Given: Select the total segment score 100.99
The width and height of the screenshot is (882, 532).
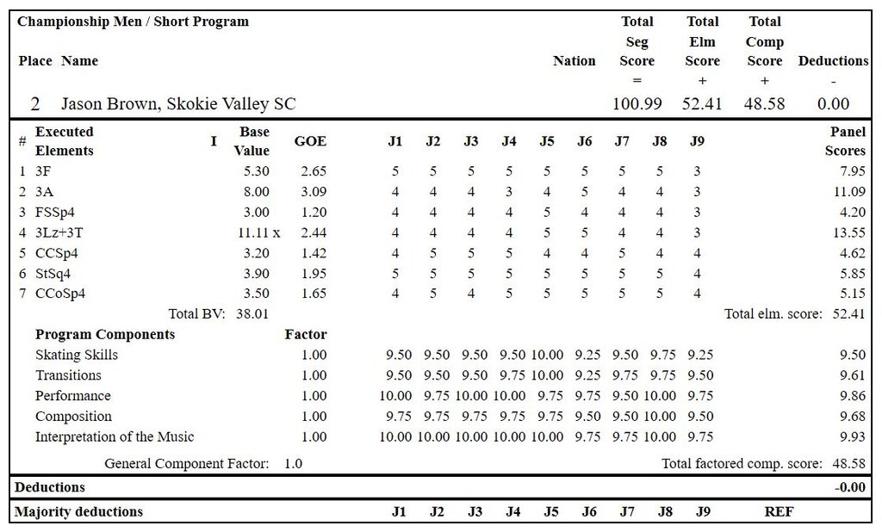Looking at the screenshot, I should click(x=637, y=104).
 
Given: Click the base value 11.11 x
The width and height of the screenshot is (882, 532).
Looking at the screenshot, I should click(x=258, y=232).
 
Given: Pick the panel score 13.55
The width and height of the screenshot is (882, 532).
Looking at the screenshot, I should click(x=848, y=232).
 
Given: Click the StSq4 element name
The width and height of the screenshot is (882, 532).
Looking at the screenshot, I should click(x=53, y=273).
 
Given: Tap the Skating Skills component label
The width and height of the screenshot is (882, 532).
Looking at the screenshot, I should click(x=77, y=355).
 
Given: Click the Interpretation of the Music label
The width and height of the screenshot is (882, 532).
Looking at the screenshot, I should click(x=115, y=436).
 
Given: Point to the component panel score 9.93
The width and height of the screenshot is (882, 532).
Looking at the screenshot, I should click(x=851, y=436).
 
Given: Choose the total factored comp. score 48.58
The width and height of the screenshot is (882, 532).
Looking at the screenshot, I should click(x=848, y=464).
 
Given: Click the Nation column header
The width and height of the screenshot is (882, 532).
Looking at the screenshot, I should click(x=574, y=61).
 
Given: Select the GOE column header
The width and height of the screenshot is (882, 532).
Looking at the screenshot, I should click(x=310, y=142).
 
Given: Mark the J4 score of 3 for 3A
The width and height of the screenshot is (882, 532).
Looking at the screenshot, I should click(x=509, y=191).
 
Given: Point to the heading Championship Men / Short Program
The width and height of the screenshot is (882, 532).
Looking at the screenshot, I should click(x=133, y=22).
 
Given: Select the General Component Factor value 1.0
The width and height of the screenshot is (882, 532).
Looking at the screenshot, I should click(x=293, y=464).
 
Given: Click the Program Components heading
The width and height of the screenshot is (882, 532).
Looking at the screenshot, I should click(x=105, y=334).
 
